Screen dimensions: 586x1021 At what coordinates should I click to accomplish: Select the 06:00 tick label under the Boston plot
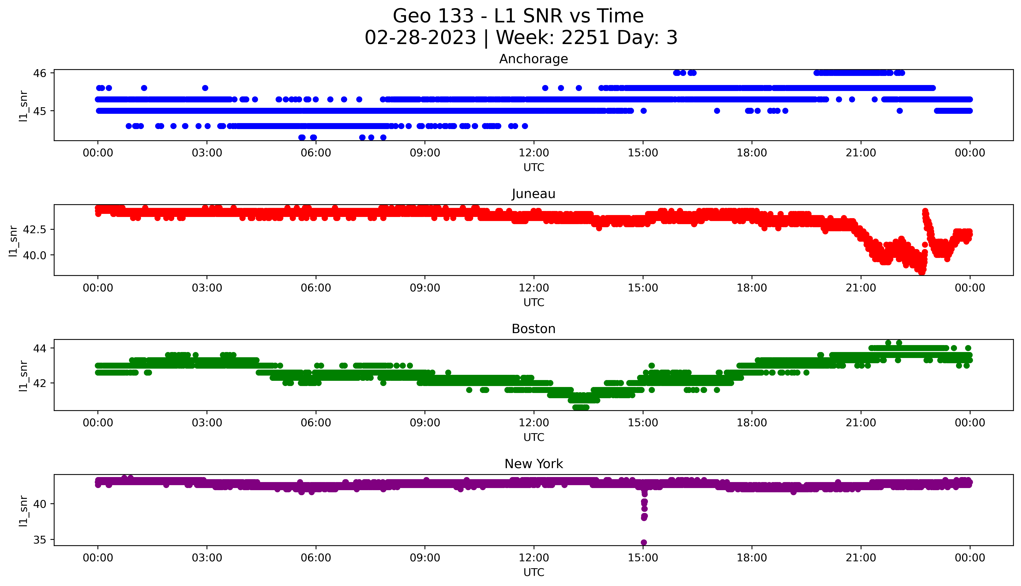[316, 423]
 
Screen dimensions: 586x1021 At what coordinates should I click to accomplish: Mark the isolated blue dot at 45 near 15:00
[644, 111]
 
